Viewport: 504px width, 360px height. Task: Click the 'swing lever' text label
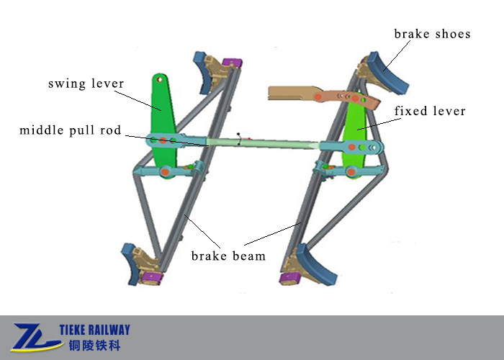tap(86, 84)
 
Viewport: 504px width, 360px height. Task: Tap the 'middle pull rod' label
tap(70, 130)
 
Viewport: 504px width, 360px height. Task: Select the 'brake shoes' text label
tap(432, 34)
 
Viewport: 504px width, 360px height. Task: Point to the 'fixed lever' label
tap(430, 111)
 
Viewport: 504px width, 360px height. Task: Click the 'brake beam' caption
tap(228, 256)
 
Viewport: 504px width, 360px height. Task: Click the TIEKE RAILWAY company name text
tap(94, 330)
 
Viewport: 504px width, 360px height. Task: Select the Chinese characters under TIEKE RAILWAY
tap(94, 346)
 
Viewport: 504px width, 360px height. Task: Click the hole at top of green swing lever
tap(159, 79)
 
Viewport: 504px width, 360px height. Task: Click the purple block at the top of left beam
tap(233, 63)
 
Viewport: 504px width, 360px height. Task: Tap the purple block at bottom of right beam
tap(290, 279)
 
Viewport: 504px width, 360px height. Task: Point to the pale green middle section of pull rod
tap(263, 143)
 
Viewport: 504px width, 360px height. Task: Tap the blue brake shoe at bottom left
tap(130, 264)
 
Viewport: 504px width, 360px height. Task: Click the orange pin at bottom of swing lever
tap(165, 171)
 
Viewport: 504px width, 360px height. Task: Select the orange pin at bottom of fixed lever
tap(351, 171)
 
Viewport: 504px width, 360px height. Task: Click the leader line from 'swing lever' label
tap(138, 101)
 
